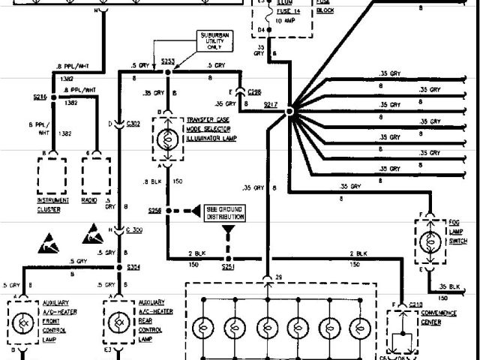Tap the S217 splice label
pyautogui.click(x=271, y=105)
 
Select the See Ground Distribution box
pyautogui.click(x=225, y=212)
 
